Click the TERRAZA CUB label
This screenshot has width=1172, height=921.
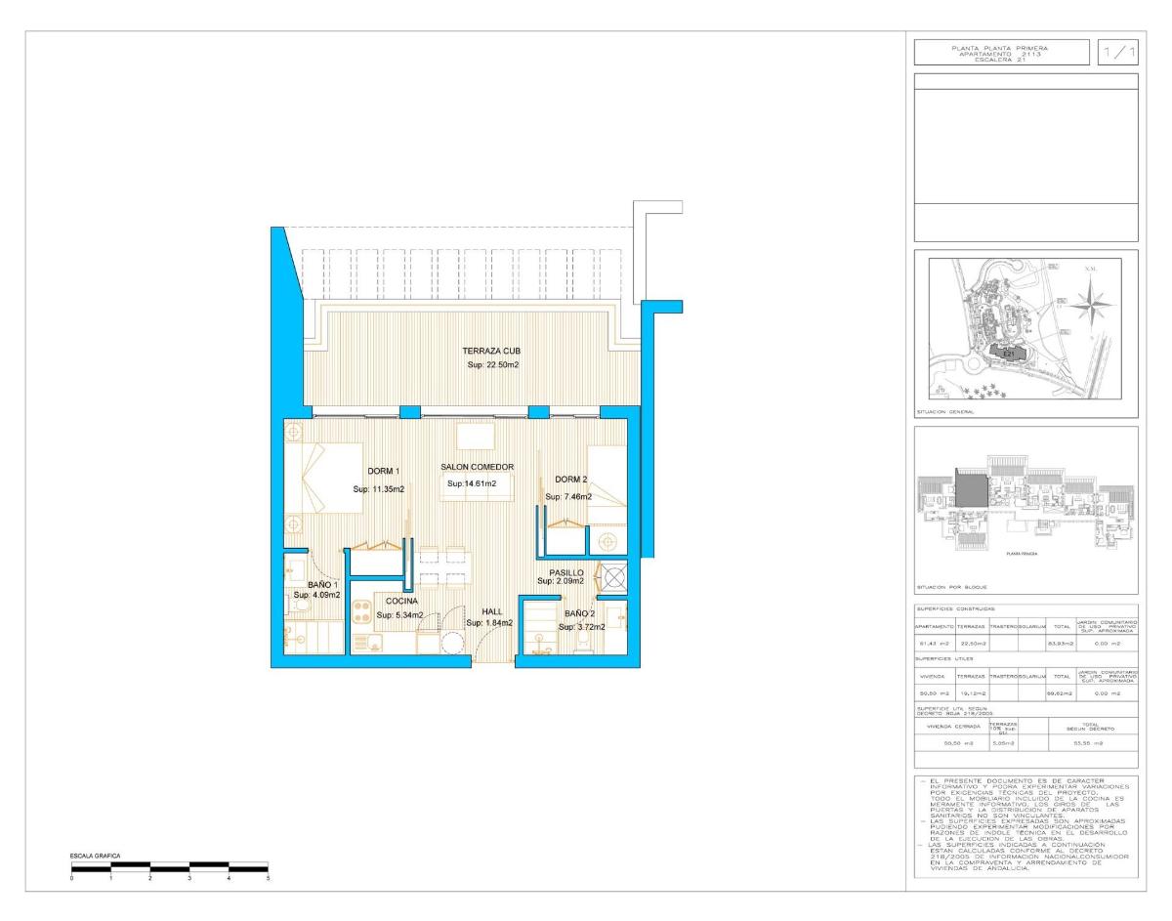click(x=491, y=351)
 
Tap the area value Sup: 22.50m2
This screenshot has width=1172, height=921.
click(x=493, y=365)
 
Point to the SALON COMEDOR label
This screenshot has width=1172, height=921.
click(x=477, y=467)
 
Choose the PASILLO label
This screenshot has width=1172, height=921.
click(x=566, y=573)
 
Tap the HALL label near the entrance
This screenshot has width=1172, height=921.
click(x=491, y=611)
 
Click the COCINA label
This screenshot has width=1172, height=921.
click(x=401, y=601)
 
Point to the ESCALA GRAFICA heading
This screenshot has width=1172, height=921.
click(x=95, y=856)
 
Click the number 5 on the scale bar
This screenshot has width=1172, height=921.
click(x=269, y=879)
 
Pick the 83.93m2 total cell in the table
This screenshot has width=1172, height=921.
click(x=1062, y=643)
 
